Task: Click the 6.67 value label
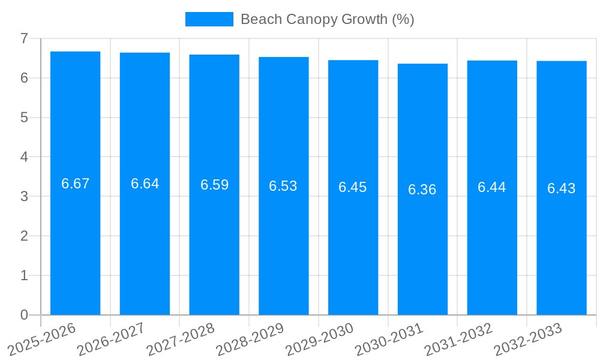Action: [x=76, y=184]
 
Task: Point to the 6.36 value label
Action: [x=422, y=190]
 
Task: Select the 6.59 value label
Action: [x=215, y=185]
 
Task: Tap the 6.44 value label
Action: [x=492, y=187]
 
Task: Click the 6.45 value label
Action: [x=353, y=187]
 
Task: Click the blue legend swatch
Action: [x=209, y=19]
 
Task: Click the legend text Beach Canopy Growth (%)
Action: [x=328, y=19]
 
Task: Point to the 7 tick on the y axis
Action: [x=24, y=38]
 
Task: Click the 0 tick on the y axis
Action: [x=24, y=315]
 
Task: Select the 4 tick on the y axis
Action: [x=24, y=157]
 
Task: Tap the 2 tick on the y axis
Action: [x=24, y=236]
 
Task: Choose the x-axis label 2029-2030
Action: [x=320, y=339]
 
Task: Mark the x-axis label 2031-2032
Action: [x=459, y=339]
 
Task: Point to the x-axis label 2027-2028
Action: [x=181, y=339]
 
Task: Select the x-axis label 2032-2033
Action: [x=528, y=339]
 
